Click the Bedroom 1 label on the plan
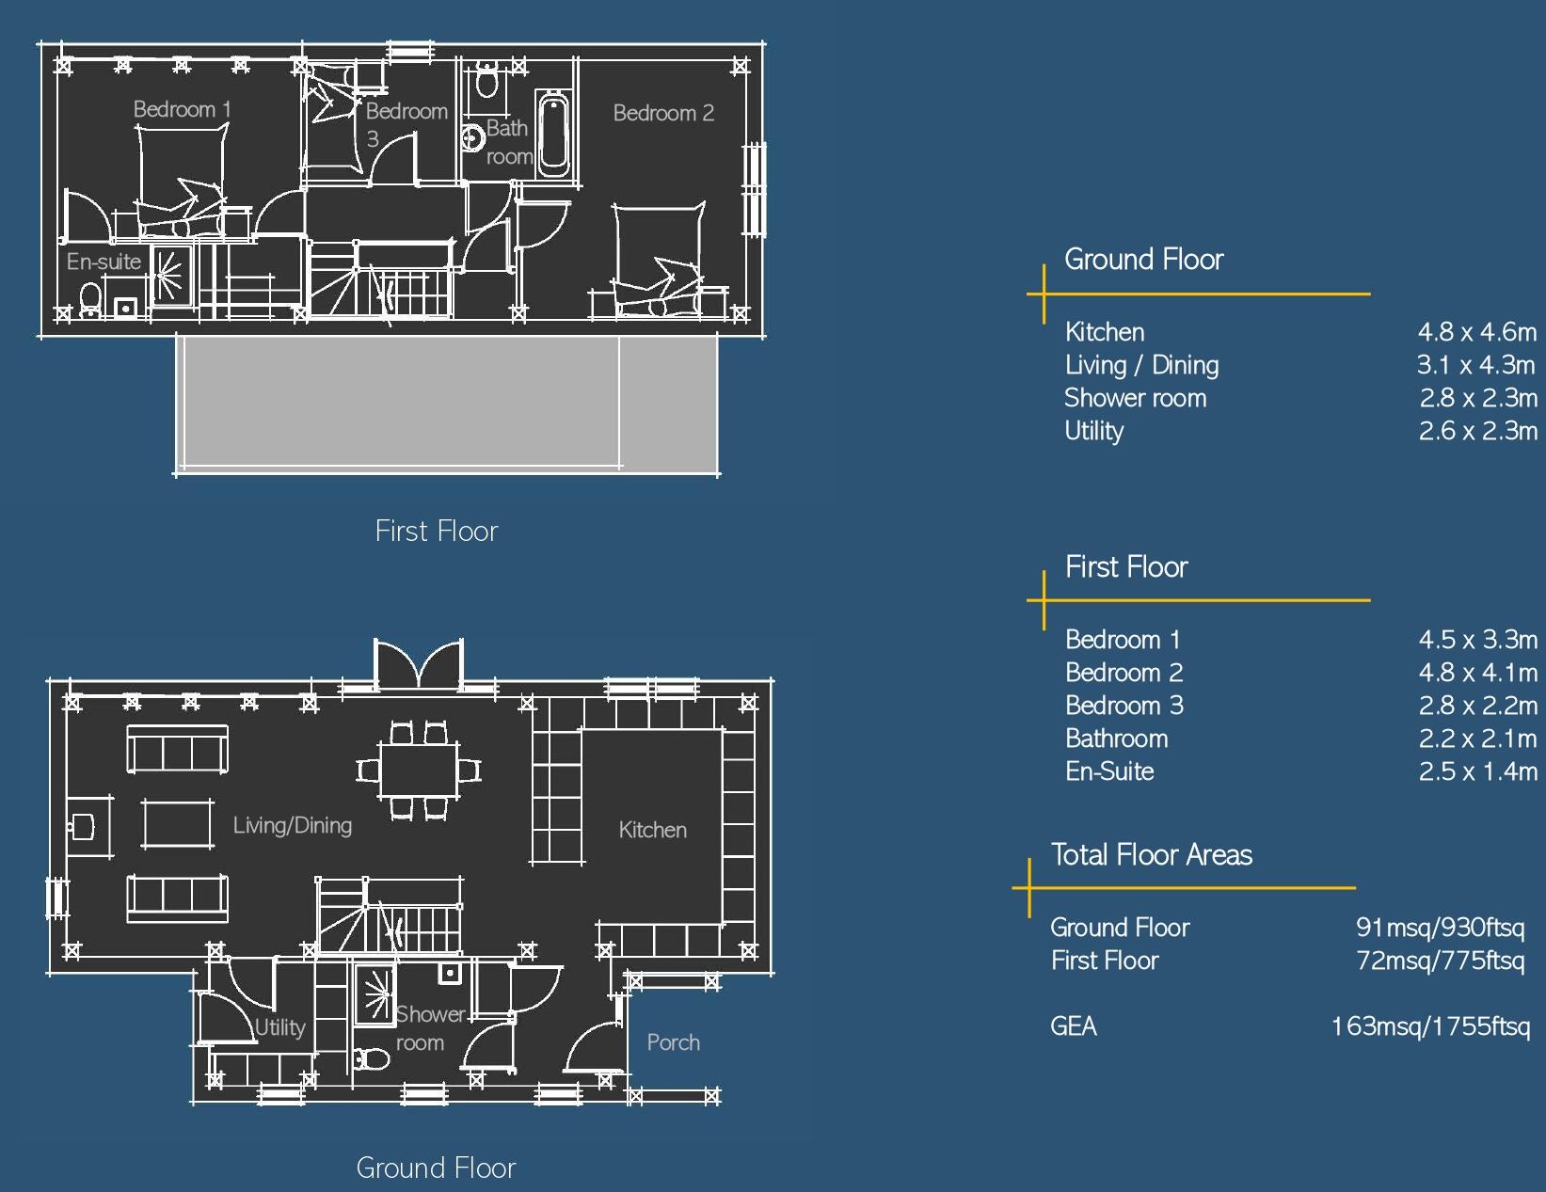click(182, 109)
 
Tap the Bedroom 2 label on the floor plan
click(663, 113)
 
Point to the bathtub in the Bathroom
click(552, 134)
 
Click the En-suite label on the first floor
click(104, 262)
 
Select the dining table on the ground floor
click(419, 771)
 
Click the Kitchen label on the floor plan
click(652, 830)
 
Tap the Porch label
click(673, 1042)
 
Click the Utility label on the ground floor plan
click(280, 1027)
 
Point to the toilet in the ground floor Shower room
click(372, 1059)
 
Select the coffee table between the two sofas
click(177, 823)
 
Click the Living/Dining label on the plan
click(293, 825)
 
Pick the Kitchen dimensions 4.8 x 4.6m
click(1477, 332)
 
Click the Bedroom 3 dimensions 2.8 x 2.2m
click(1477, 706)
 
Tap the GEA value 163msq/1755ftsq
click(1430, 1026)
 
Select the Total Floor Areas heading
click(1151, 855)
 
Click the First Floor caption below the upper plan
click(436, 532)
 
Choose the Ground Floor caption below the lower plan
click(436, 1168)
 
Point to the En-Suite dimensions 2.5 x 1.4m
click(1477, 771)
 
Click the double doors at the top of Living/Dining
click(419, 664)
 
